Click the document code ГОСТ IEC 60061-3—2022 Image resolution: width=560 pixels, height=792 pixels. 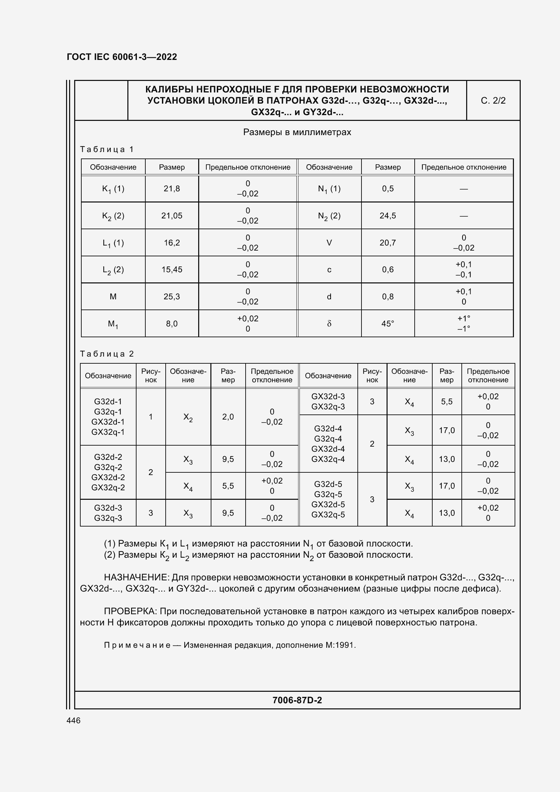pyautogui.click(x=122, y=57)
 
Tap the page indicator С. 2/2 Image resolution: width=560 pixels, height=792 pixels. pyautogui.click(x=493, y=101)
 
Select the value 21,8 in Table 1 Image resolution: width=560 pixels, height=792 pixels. pyautogui.click(x=171, y=189)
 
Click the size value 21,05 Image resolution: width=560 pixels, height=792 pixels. pyautogui.click(x=171, y=216)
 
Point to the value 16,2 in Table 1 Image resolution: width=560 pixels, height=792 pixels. pyautogui.click(x=171, y=243)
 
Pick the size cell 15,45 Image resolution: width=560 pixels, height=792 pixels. pyautogui.click(x=171, y=270)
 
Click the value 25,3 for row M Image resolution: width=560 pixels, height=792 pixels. pyautogui.click(x=171, y=297)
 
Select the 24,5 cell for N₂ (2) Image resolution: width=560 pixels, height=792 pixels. pyautogui.click(x=388, y=216)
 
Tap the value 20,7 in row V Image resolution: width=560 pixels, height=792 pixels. pyautogui.click(x=388, y=243)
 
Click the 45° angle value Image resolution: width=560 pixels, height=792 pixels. pyautogui.click(x=388, y=324)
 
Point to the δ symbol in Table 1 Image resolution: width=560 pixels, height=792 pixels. pyautogui.click(x=329, y=324)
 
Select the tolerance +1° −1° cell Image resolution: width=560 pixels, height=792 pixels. pyautogui.click(x=463, y=324)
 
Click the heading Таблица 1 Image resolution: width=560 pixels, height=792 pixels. pyautogui.click(x=107, y=149)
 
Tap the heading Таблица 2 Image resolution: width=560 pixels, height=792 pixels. pyautogui.click(x=107, y=354)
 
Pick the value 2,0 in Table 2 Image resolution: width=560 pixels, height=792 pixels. pyautogui.click(x=228, y=417)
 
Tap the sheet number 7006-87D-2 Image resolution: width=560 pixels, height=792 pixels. pyautogui.click(x=297, y=700)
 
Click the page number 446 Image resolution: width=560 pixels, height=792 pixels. pyautogui.click(x=74, y=721)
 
